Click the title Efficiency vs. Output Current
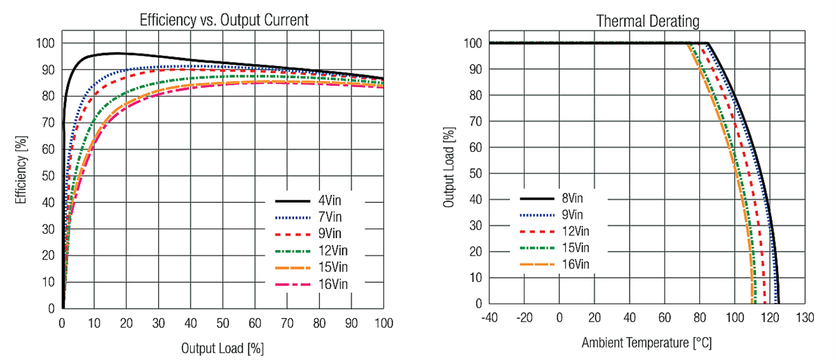[x=224, y=21]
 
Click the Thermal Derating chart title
[x=647, y=21]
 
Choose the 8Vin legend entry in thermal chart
[x=575, y=198]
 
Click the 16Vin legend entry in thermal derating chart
[x=578, y=264]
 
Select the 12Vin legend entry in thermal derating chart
[x=578, y=231]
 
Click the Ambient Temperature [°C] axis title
[x=647, y=343]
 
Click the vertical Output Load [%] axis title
[x=449, y=167]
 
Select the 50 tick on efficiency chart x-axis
[x=223, y=324]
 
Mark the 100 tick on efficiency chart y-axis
[x=45, y=43]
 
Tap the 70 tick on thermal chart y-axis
[x=474, y=121]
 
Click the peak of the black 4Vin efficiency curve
[x=115, y=53]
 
